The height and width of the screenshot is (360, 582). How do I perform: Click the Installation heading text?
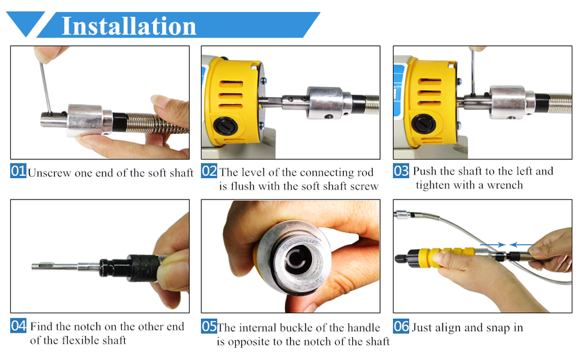(129, 26)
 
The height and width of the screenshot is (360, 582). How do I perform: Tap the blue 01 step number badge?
(18, 172)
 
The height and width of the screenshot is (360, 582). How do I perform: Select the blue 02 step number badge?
(209, 172)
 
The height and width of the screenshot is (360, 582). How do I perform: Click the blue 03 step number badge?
(401, 171)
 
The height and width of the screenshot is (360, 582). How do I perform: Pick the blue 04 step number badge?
(18, 326)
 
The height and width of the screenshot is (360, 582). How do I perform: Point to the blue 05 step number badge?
(209, 327)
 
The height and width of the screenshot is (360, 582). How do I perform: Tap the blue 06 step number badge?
(401, 327)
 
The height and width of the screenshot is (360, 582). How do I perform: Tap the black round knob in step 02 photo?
(223, 124)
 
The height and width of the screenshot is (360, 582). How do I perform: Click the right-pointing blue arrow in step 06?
(497, 245)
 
